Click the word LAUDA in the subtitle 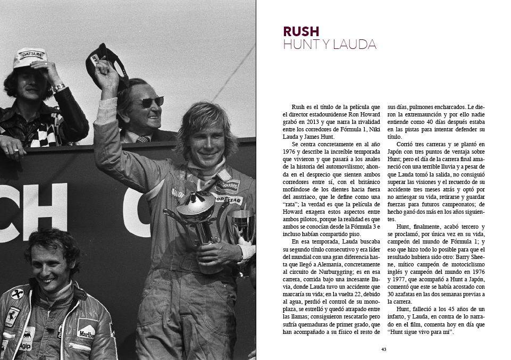pyautogui.click(x=356, y=45)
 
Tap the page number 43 pyautogui.click(x=383, y=349)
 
